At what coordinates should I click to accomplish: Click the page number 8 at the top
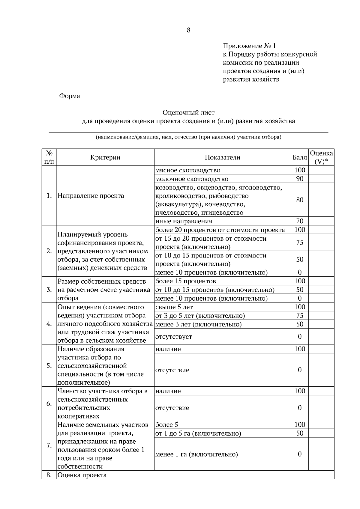188,30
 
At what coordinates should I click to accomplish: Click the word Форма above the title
69,96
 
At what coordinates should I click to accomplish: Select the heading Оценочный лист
188,113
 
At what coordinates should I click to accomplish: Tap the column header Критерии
105,157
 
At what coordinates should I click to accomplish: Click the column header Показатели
222,157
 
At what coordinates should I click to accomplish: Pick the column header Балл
299,157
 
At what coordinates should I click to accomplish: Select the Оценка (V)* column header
321,157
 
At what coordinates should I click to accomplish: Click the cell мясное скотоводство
187,170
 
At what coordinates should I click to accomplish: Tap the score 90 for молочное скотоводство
299,179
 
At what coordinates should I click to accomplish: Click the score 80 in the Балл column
299,200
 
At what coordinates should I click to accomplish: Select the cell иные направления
184,221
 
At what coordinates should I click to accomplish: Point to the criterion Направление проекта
91,196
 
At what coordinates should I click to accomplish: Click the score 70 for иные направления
299,221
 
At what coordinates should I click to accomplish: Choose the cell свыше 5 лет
174,307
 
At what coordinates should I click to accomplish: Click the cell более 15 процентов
185,281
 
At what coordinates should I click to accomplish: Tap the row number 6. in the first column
49,403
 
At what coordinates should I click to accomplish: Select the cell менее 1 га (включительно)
196,454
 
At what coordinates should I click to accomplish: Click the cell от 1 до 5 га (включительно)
198,433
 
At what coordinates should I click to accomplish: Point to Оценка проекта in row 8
82,475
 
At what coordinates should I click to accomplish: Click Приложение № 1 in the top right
249,46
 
